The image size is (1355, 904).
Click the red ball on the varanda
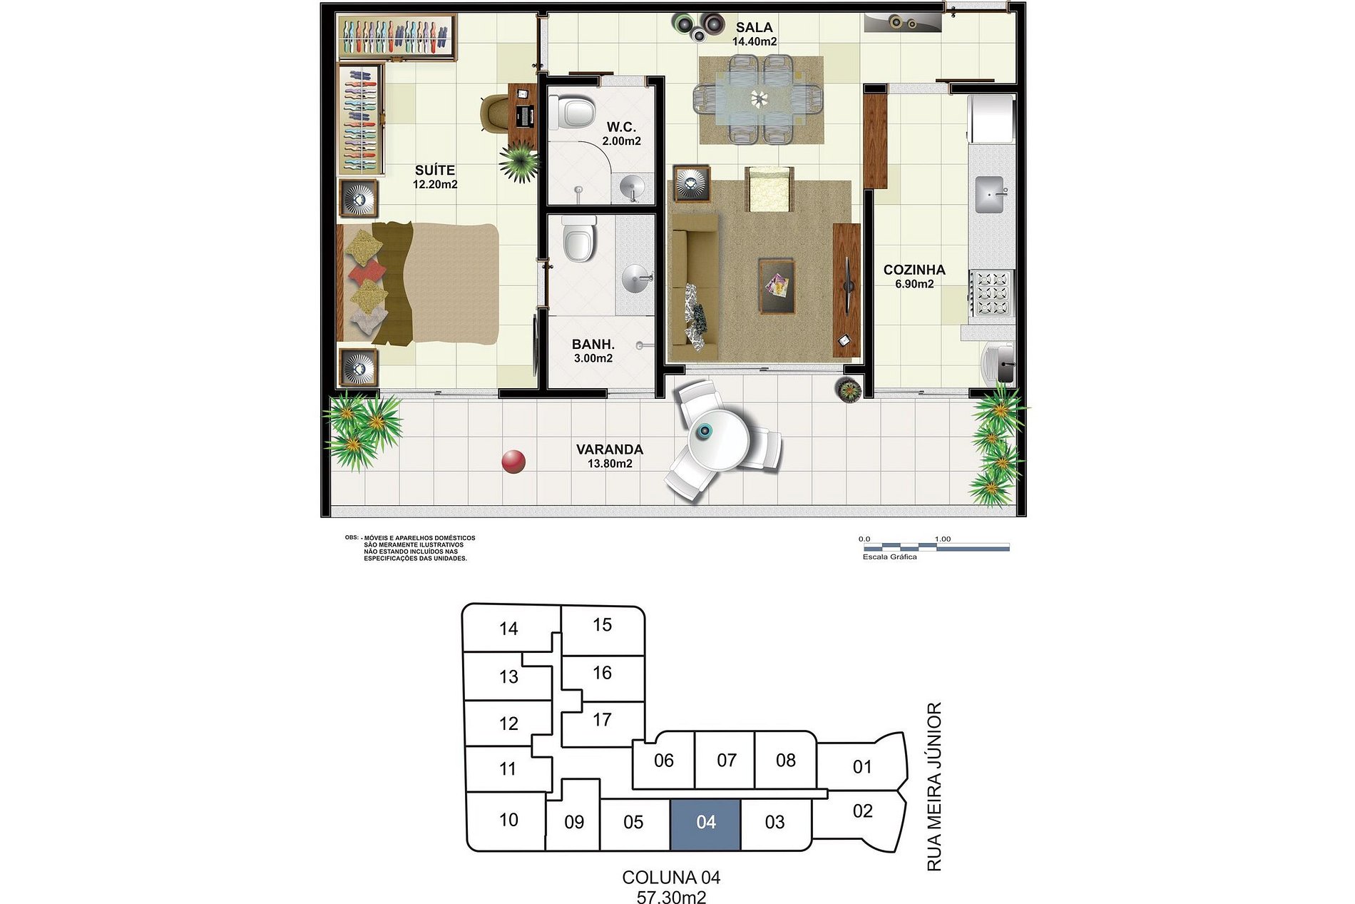click(x=513, y=462)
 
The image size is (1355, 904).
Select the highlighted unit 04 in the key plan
click(x=706, y=824)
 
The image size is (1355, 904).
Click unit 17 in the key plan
click(x=603, y=720)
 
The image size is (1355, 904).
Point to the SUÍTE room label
click(x=435, y=171)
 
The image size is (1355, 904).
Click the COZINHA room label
click(x=914, y=270)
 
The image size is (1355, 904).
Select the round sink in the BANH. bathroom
click(x=636, y=278)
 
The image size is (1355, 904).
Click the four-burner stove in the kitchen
click(x=992, y=293)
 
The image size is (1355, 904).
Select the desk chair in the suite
click(x=495, y=113)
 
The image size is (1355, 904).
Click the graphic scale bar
click(x=935, y=547)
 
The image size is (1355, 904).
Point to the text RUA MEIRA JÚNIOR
click(x=934, y=786)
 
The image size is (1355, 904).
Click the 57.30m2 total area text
click(x=672, y=897)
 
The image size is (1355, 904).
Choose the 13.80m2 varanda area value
click(x=610, y=464)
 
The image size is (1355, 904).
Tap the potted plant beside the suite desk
click(x=520, y=161)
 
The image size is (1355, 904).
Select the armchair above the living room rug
click(x=769, y=189)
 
